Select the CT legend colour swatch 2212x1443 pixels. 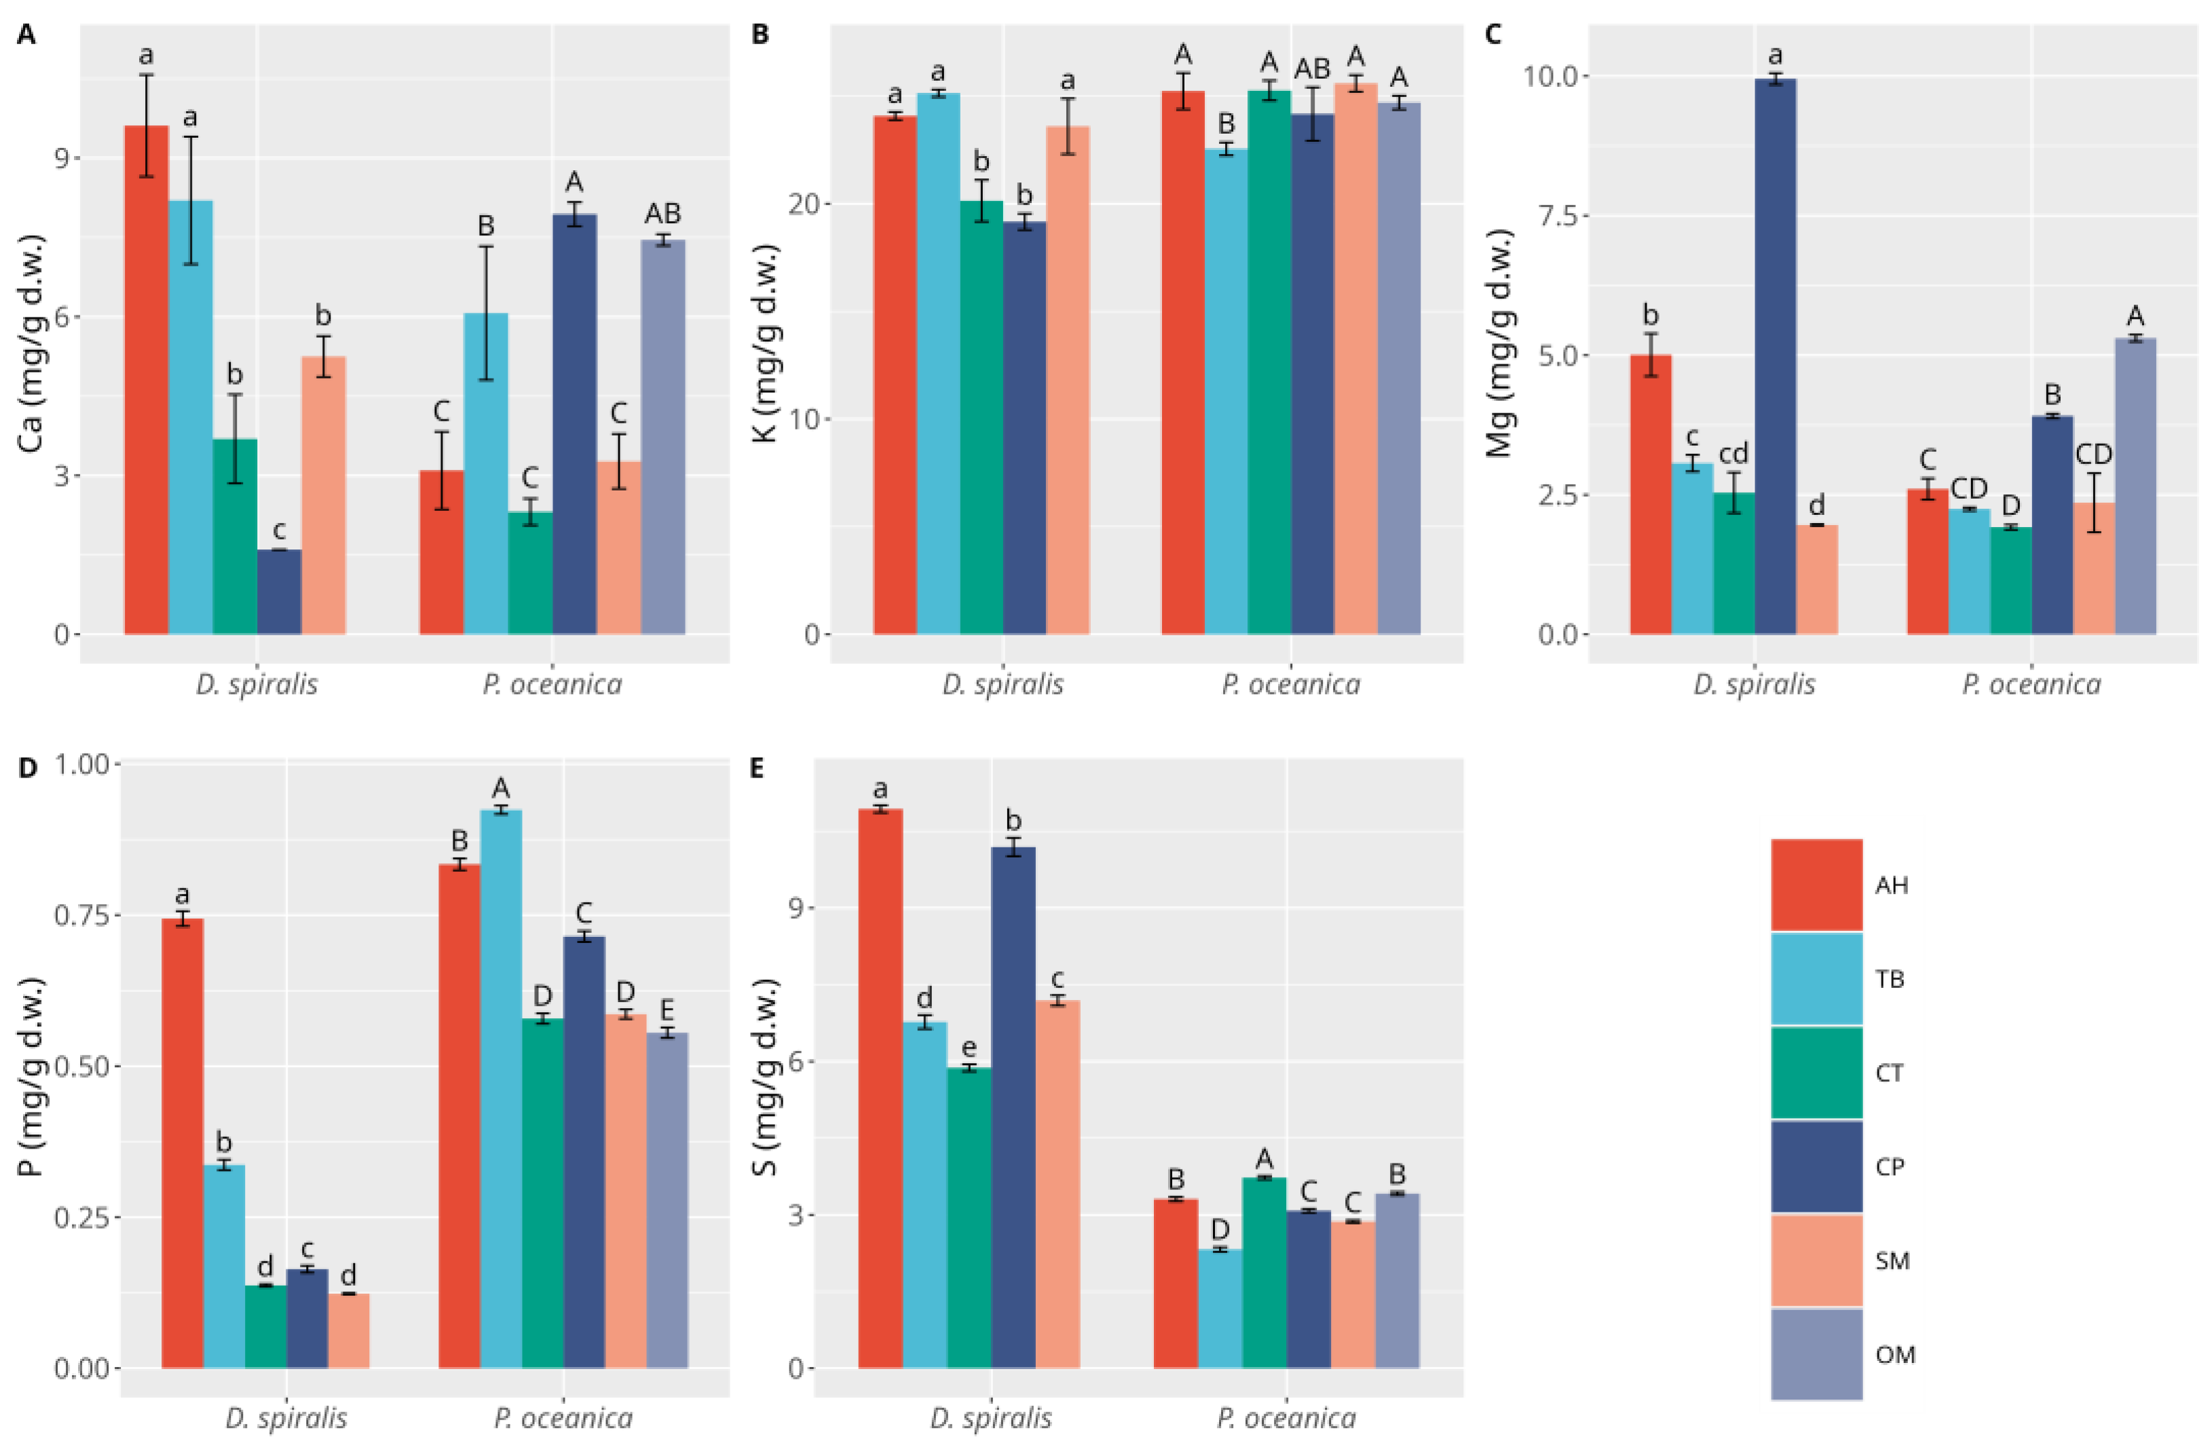click(x=1816, y=1073)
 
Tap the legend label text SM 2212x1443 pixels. click(x=1892, y=1261)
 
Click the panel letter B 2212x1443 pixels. click(x=760, y=35)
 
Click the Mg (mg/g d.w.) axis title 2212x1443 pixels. click(x=1499, y=344)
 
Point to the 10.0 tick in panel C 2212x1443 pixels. click(x=1552, y=75)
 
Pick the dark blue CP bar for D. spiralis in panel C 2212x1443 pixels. click(x=1775, y=357)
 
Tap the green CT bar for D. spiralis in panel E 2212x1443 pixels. click(x=969, y=1217)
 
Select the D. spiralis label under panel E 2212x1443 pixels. click(x=991, y=1419)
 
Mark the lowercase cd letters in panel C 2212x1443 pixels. click(x=1733, y=453)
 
